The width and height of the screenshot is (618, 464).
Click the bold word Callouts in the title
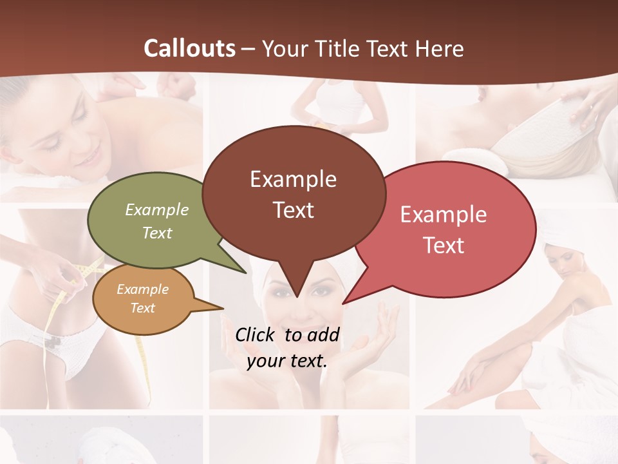tap(189, 48)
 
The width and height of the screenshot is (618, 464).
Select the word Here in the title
tap(440, 48)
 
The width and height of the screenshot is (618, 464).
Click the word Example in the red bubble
tap(444, 215)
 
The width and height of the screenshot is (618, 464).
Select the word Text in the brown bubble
tap(294, 210)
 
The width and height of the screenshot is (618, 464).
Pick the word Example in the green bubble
tap(157, 210)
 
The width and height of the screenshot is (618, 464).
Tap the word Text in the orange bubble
tap(143, 308)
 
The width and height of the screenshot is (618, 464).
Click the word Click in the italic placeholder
tap(256, 334)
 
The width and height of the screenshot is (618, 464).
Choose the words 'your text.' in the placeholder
tap(287, 361)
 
